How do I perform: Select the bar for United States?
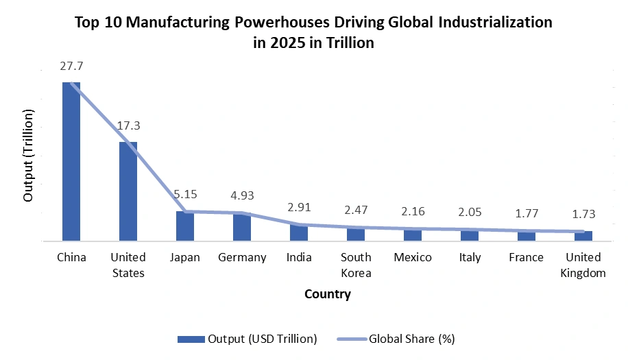click(x=128, y=191)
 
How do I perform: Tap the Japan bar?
click(x=185, y=226)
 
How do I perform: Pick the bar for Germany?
click(x=242, y=227)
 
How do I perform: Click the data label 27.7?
click(x=71, y=67)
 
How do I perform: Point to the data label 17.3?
click(x=128, y=126)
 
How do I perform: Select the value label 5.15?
click(x=185, y=194)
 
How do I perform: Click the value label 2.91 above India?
click(x=299, y=206)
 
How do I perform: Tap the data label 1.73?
click(x=583, y=214)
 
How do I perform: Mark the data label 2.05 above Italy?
click(x=470, y=212)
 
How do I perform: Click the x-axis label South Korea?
click(x=356, y=265)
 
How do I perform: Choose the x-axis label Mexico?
click(x=413, y=257)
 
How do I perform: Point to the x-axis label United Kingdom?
click(x=583, y=265)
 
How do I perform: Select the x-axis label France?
click(x=527, y=257)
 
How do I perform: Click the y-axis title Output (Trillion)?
click(x=28, y=154)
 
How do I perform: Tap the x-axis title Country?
click(x=327, y=295)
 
